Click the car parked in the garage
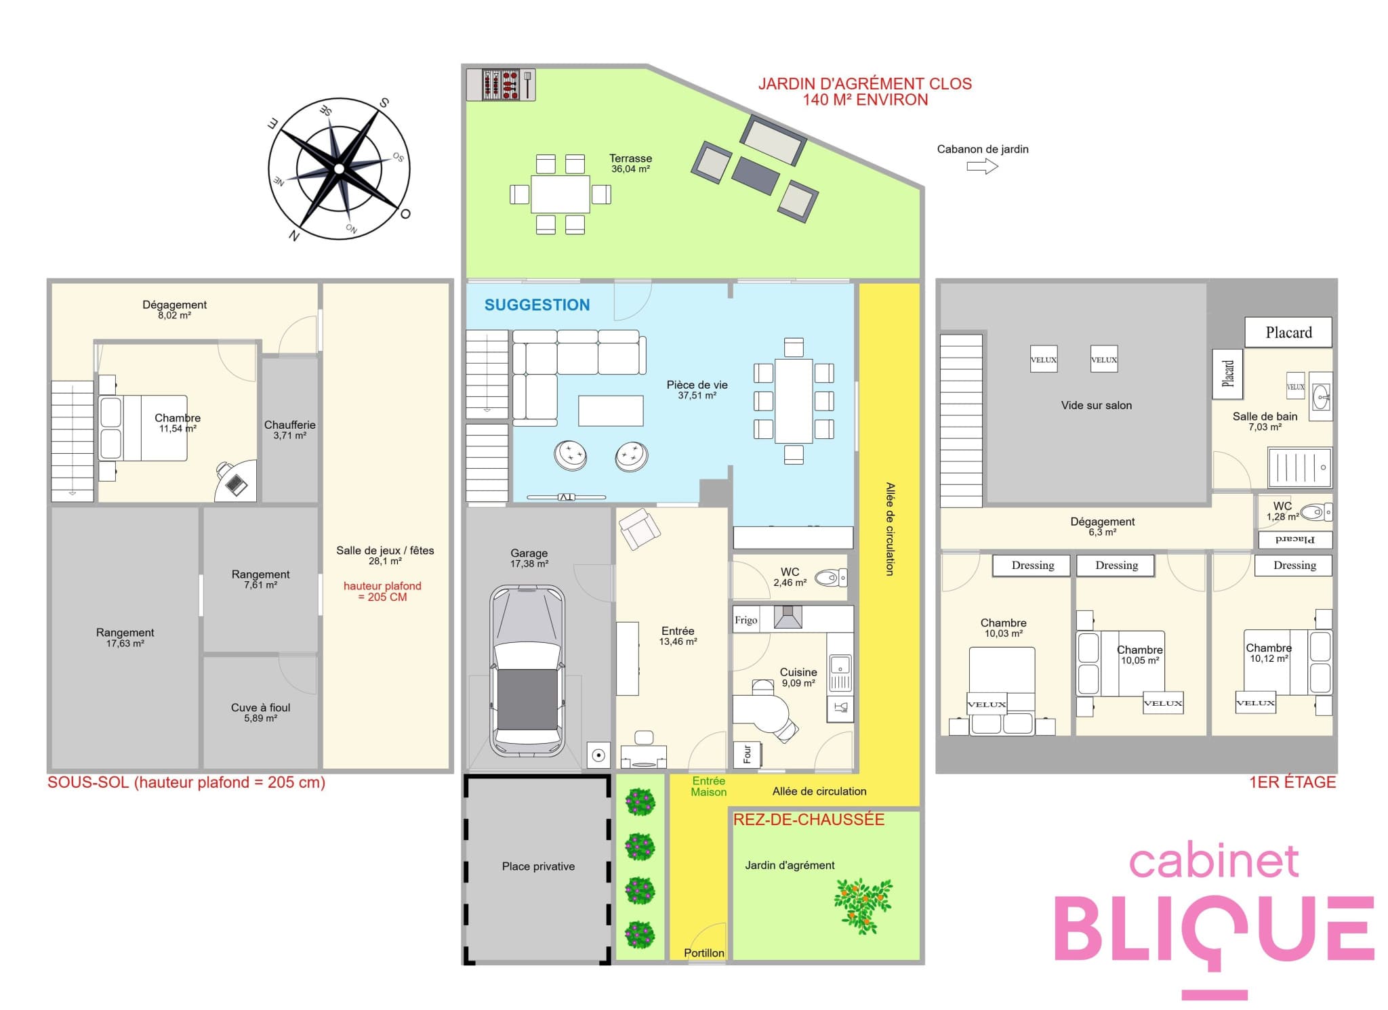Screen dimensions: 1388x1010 pos(527,671)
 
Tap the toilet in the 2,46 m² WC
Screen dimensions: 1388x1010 pos(830,578)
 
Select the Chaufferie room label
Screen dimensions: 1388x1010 pos(289,425)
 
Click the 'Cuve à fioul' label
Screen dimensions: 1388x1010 pos(261,707)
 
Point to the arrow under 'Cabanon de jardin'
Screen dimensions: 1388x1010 pos(983,167)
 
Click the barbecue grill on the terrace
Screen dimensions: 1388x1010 pos(501,85)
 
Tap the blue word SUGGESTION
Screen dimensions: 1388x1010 pos(537,305)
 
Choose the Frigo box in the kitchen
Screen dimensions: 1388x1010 pos(746,620)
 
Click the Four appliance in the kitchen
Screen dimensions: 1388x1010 pos(748,754)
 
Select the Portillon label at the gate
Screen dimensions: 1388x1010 pos(704,952)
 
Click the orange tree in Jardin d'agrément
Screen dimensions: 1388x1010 pos(863,905)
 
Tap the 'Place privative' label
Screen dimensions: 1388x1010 pos(538,866)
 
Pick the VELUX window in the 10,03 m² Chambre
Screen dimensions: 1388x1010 pos(987,704)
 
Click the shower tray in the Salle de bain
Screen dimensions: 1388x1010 pos(1300,467)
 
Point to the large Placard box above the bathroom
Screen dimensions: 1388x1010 pos(1288,332)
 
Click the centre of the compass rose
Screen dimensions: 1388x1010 pos(339,169)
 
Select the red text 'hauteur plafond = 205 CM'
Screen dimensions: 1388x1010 pos(382,591)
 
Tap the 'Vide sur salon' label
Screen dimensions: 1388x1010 pos(1096,405)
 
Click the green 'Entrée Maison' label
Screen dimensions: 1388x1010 pos(708,786)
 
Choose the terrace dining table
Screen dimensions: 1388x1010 pos(560,194)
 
